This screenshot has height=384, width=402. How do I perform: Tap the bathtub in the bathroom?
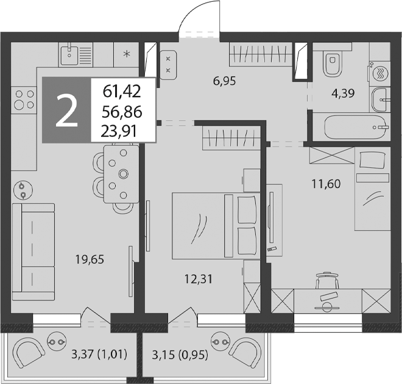(x=355, y=127)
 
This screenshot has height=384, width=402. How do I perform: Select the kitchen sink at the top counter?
(x=69, y=54)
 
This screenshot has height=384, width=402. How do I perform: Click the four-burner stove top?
(x=24, y=100)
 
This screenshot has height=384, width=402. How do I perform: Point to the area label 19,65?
(x=90, y=259)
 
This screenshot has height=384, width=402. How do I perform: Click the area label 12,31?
(x=199, y=279)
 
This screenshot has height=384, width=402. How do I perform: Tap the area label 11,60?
(x=326, y=184)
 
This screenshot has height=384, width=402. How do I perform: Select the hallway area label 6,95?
(x=224, y=81)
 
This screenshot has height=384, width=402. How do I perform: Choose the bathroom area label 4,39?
(x=343, y=93)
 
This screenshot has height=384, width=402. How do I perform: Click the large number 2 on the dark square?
(x=66, y=110)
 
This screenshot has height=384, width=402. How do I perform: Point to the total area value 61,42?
(x=122, y=92)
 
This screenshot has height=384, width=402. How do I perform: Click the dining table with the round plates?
(x=121, y=174)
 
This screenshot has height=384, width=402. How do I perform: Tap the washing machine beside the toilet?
(x=379, y=73)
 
